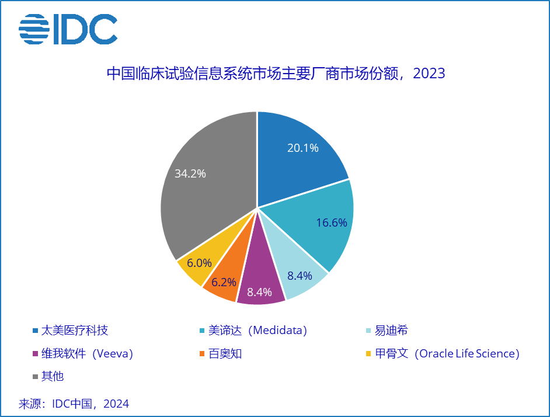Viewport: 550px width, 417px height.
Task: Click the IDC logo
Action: (x=68, y=29)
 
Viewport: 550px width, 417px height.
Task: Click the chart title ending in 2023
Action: (x=275, y=74)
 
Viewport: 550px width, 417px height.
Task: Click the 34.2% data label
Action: (x=190, y=173)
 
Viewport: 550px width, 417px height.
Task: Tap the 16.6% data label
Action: (x=332, y=223)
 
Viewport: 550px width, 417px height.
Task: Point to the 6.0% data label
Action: (x=199, y=263)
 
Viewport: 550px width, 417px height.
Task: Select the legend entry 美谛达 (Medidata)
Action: (x=257, y=330)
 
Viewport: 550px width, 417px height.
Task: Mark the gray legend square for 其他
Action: (x=35, y=377)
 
